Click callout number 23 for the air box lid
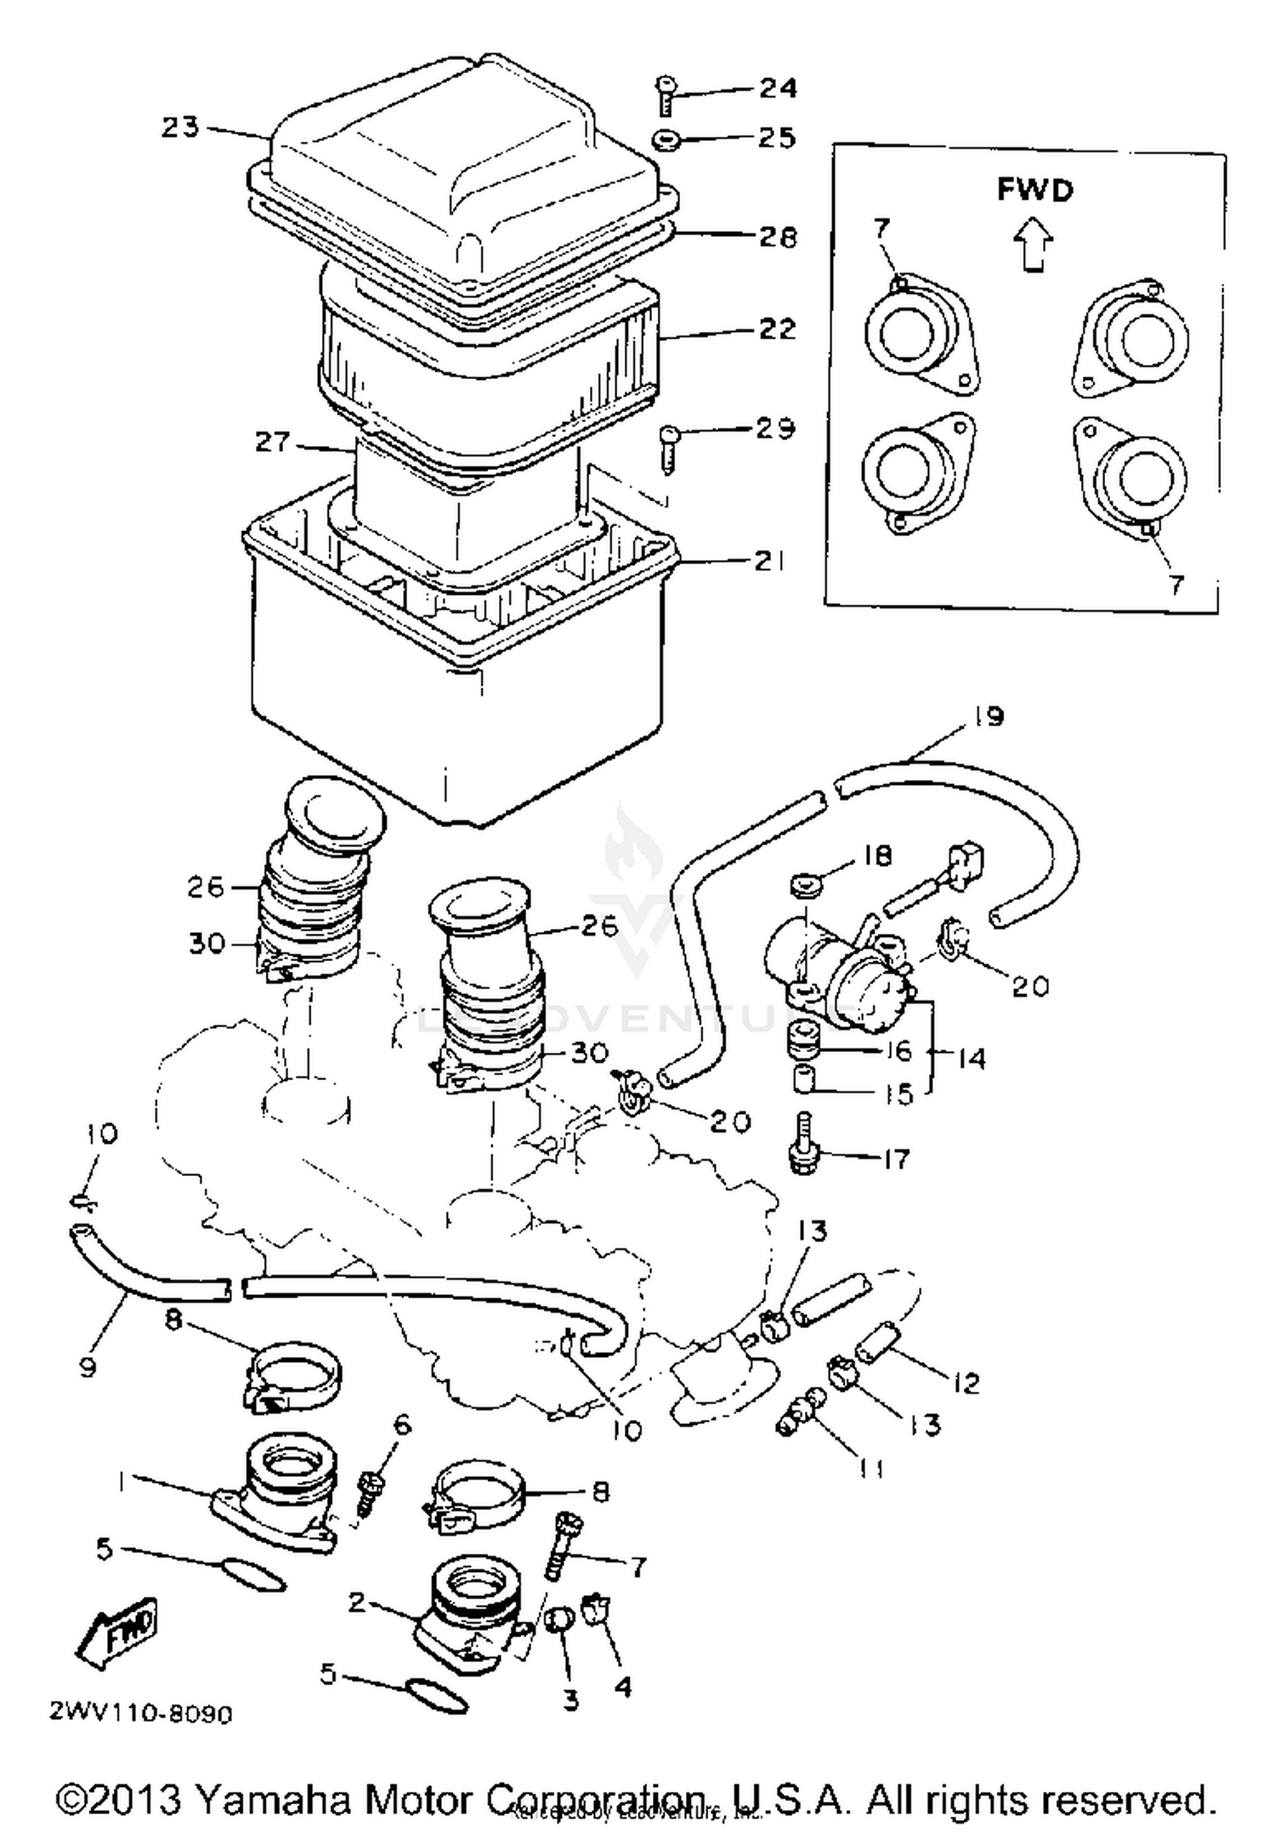click(x=180, y=127)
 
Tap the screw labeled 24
click(x=666, y=94)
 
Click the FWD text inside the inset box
click(x=1034, y=189)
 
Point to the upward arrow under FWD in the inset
click(x=1033, y=245)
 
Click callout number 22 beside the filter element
click(x=777, y=329)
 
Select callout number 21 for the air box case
click(x=769, y=561)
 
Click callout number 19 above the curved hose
click(x=989, y=715)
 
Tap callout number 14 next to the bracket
click(x=971, y=1058)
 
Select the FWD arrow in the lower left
click(x=117, y=1633)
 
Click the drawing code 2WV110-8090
click(x=140, y=1713)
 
